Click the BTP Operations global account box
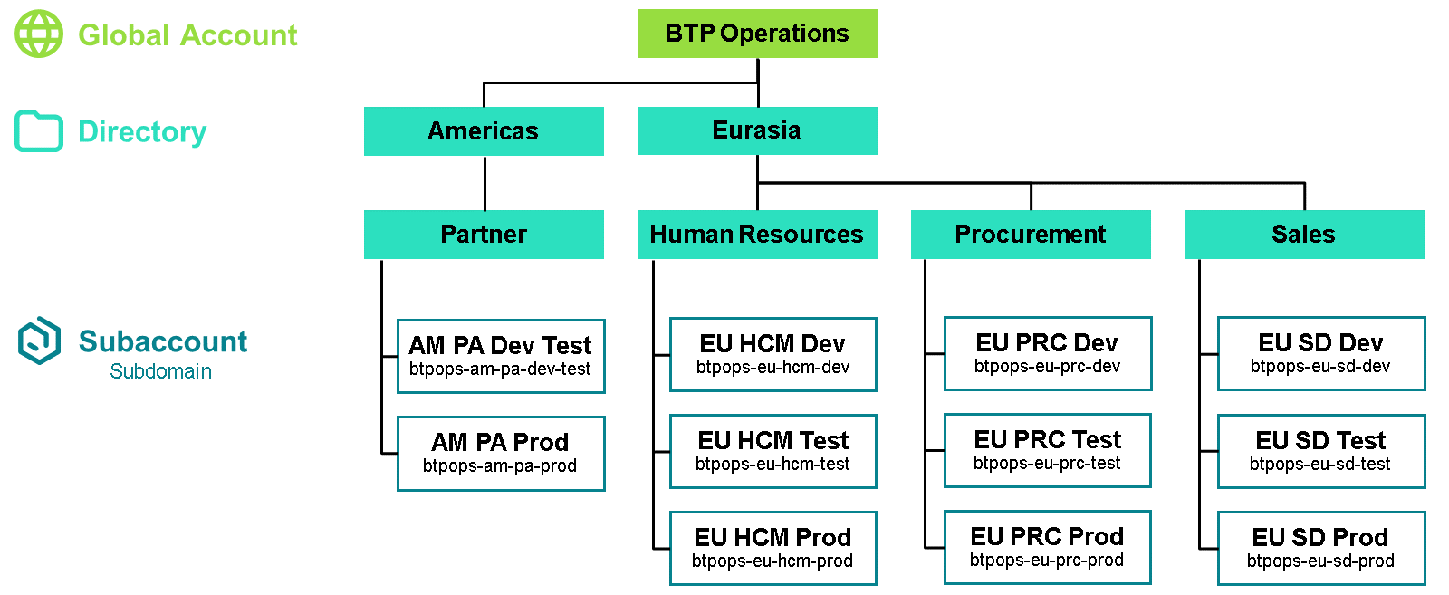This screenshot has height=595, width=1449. (x=757, y=34)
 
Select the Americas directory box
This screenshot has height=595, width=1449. (x=484, y=131)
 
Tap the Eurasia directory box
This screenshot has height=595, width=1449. (x=757, y=130)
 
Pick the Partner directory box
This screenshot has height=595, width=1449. (x=484, y=235)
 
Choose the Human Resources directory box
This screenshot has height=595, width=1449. (x=757, y=235)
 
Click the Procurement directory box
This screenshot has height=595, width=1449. (x=1031, y=235)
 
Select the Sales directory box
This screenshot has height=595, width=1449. (x=1304, y=235)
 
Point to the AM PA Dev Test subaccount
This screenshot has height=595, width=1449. (x=501, y=356)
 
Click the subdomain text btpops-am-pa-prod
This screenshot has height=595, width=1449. (x=499, y=465)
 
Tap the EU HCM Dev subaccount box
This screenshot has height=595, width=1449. (x=773, y=354)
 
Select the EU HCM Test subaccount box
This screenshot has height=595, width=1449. (x=773, y=451)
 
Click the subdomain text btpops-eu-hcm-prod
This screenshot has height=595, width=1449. (x=772, y=561)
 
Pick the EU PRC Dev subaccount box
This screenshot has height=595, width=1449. (x=1048, y=354)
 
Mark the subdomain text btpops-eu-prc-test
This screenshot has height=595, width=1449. (x=1047, y=463)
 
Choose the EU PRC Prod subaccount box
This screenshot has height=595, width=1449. (x=1047, y=547)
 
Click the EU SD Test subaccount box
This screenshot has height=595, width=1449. (x=1321, y=451)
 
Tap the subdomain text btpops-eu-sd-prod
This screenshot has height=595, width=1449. (x=1321, y=561)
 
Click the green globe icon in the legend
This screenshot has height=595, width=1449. (x=39, y=34)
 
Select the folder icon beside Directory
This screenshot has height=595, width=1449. (x=39, y=131)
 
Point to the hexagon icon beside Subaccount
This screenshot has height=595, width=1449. (x=39, y=341)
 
